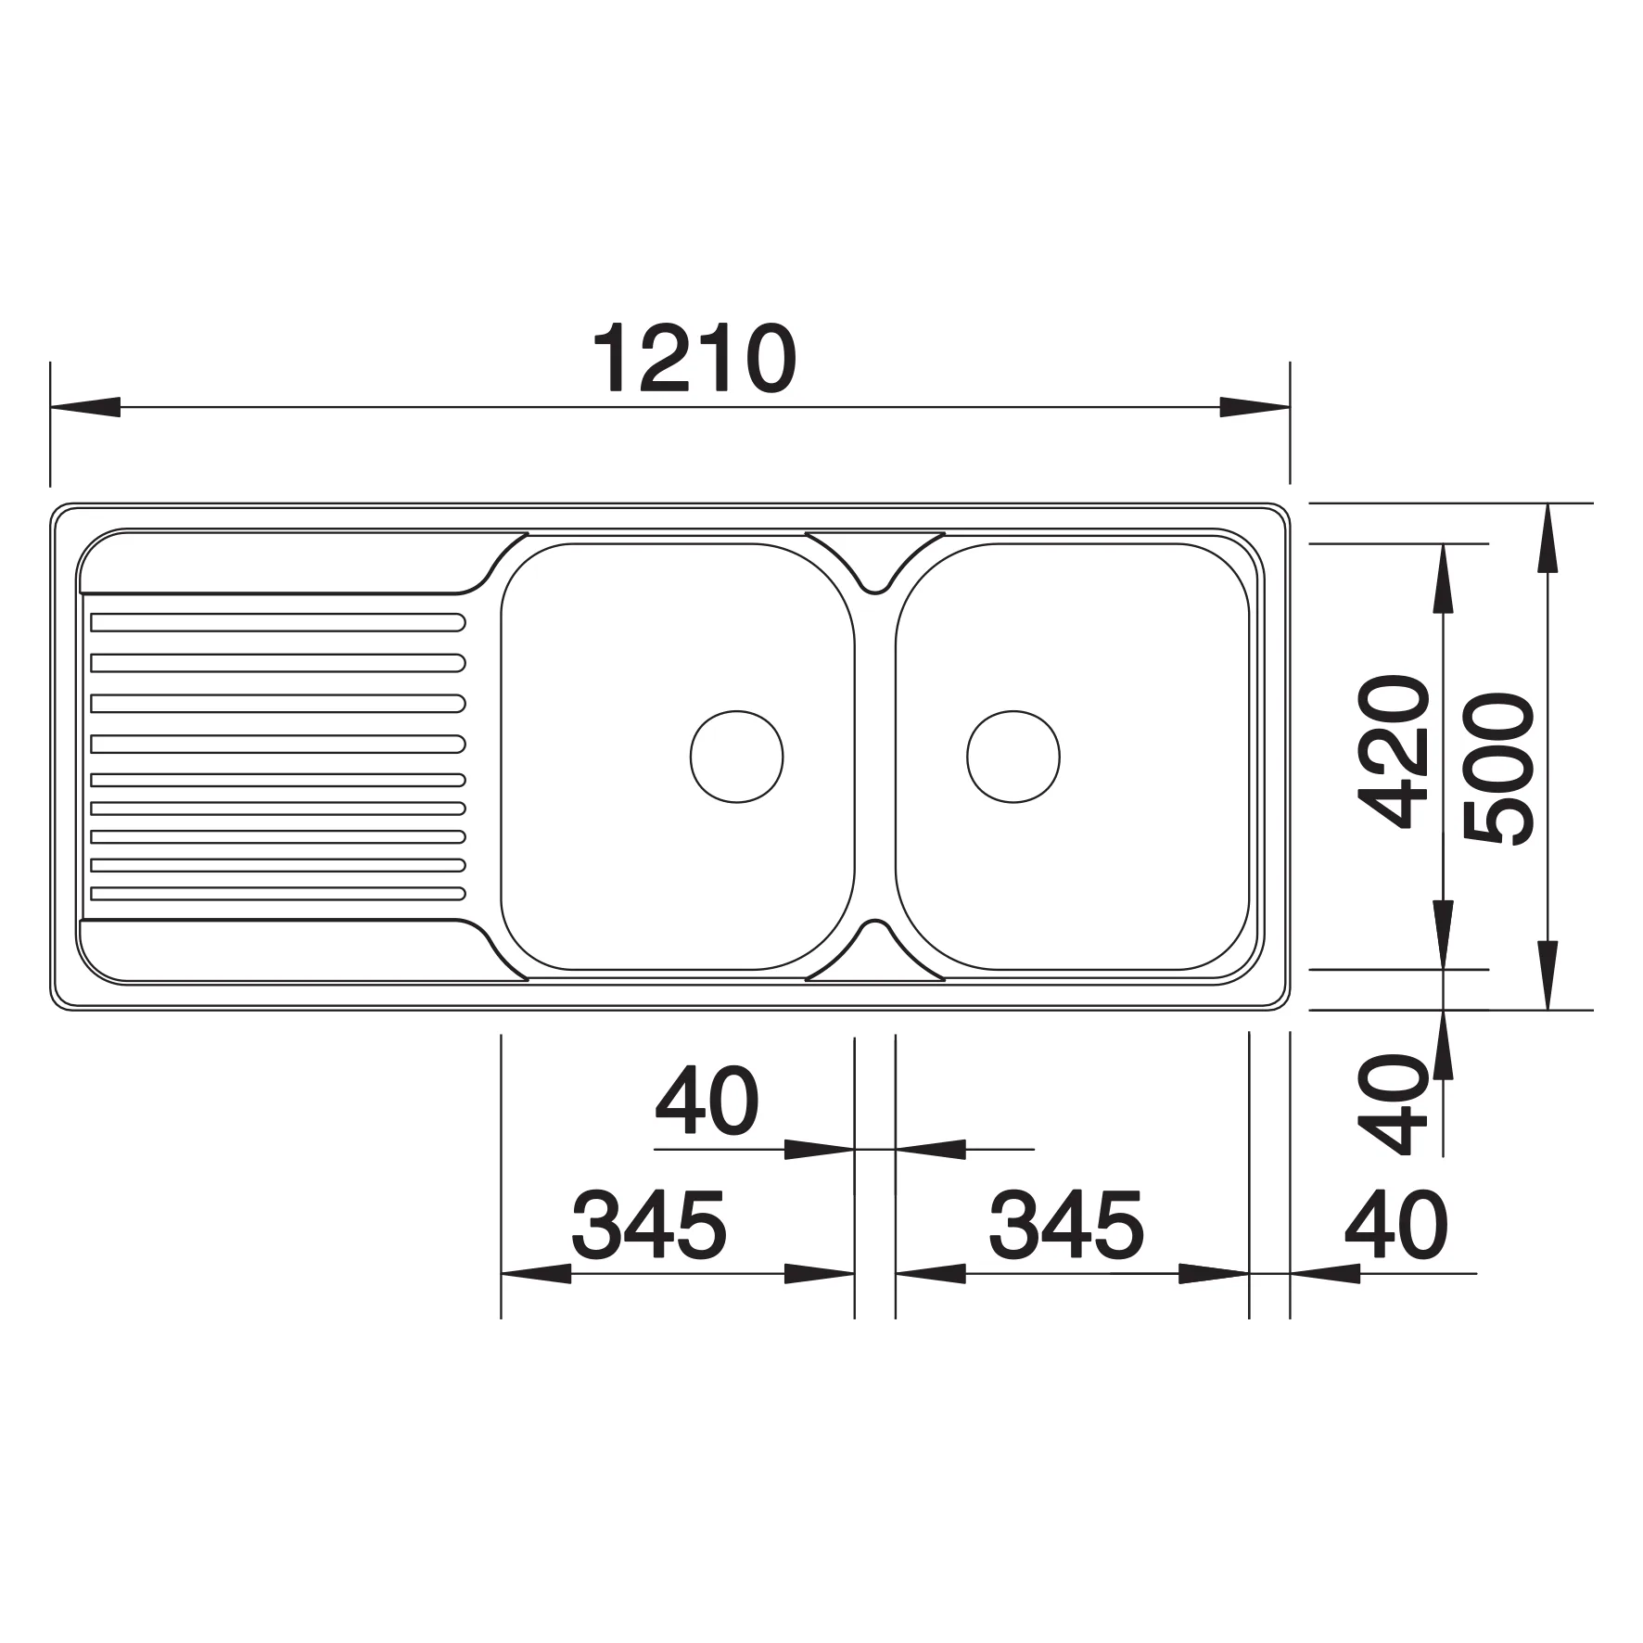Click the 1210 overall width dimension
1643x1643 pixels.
point(694,359)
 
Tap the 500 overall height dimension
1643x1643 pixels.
point(1498,769)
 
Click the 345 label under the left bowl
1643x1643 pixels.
point(649,1225)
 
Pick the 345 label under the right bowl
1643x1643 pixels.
point(1066,1225)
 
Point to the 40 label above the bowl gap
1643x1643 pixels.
point(707,1101)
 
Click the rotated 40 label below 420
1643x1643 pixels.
point(1388,1103)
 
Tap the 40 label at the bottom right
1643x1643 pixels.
point(1395,1225)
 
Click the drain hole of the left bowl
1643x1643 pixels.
point(737,757)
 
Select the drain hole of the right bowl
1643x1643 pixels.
point(1013,757)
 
